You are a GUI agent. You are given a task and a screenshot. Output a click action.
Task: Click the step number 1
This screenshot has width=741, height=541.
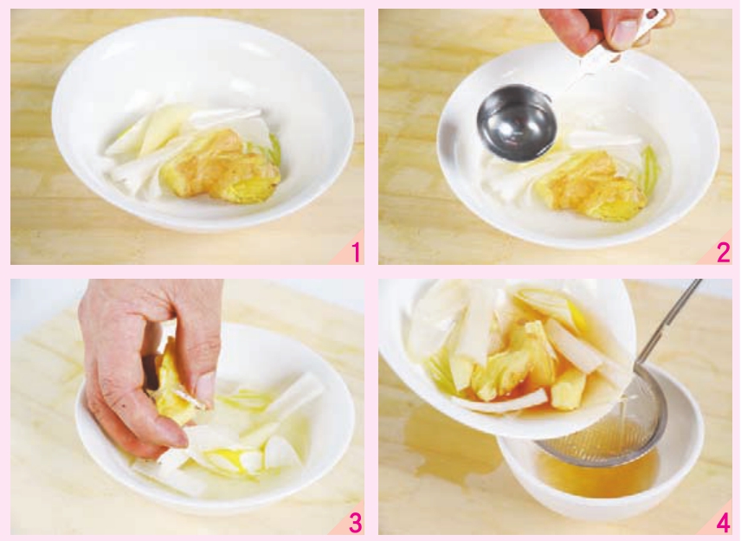[357, 252]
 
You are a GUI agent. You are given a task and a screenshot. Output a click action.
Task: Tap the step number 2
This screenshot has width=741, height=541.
[723, 252]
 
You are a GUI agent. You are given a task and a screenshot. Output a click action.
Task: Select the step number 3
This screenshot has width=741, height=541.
[356, 523]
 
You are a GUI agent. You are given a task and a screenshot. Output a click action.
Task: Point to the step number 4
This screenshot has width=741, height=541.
[723, 523]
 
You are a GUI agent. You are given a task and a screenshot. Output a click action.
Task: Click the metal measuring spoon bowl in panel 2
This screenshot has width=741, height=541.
[517, 123]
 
